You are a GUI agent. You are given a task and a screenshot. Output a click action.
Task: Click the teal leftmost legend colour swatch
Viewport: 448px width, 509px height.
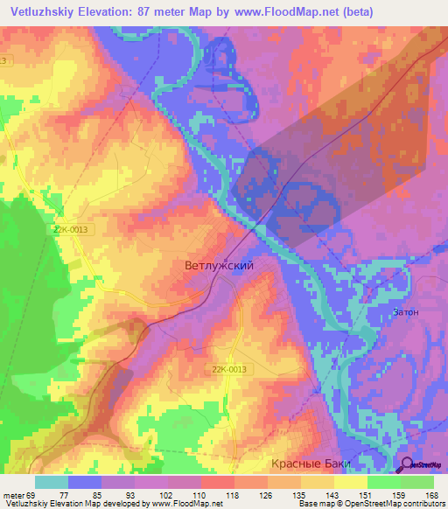point(52,482)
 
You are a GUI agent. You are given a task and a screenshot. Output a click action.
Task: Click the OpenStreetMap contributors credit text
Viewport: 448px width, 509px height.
point(395,504)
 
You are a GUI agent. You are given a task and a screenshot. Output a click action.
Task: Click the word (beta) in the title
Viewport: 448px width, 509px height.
point(357,12)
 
